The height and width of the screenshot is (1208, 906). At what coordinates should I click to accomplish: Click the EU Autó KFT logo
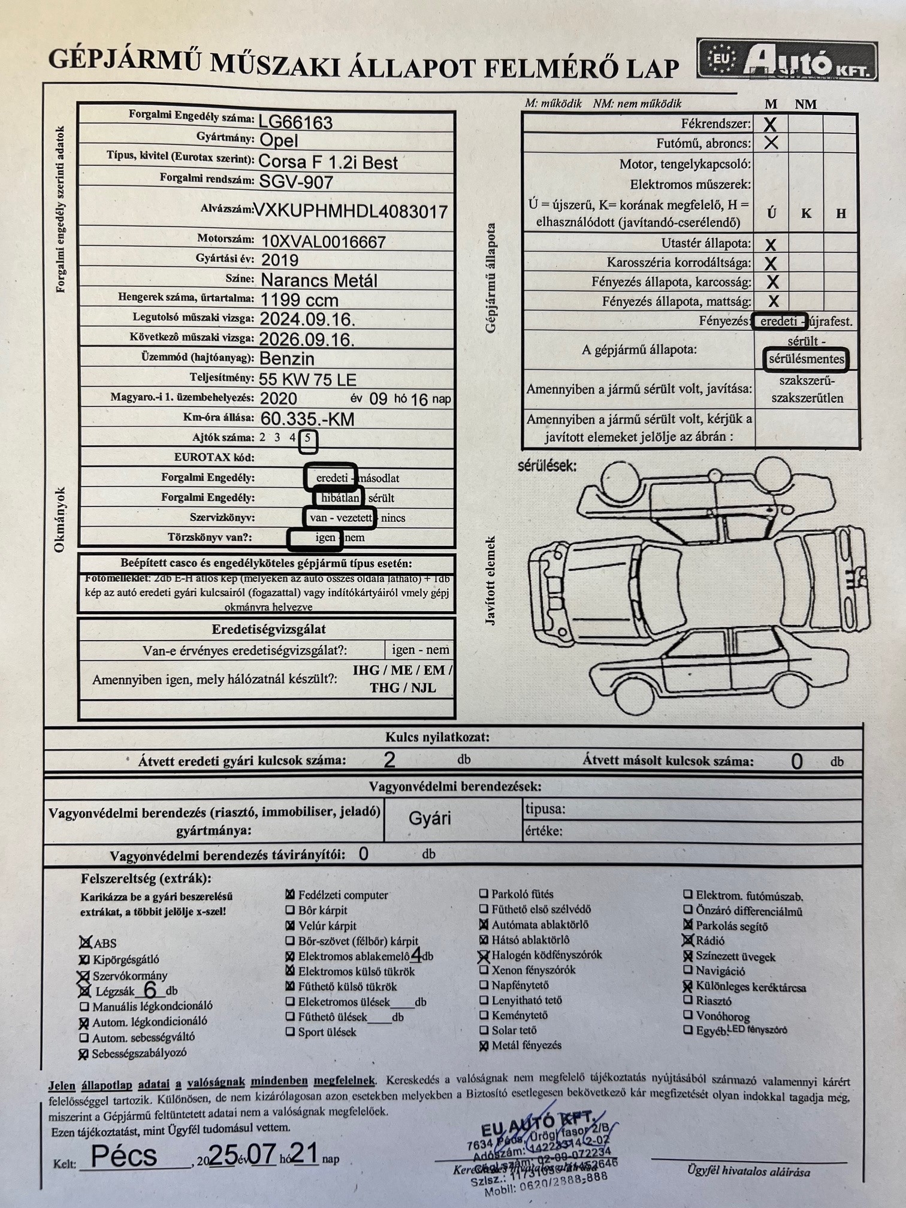click(x=787, y=61)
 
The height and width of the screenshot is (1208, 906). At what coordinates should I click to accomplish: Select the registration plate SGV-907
click(x=295, y=182)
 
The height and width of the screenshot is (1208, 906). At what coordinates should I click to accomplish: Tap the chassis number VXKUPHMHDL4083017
click(x=351, y=212)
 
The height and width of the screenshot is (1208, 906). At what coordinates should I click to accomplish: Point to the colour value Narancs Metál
click(x=319, y=280)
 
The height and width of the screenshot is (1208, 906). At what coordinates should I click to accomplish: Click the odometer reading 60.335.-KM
click(x=307, y=418)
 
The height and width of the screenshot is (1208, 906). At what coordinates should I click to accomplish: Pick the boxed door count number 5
click(x=307, y=439)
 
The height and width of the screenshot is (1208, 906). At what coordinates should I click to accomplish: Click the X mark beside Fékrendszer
click(x=771, y=125)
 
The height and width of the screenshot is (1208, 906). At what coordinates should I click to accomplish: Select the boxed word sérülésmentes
click(x=807, y=360)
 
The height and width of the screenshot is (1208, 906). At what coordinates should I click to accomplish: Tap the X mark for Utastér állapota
click(x=771, y=244)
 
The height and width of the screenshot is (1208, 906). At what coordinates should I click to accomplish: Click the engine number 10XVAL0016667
click(x=323, y=241)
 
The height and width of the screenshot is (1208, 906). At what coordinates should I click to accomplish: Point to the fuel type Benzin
click(x=286, y=358)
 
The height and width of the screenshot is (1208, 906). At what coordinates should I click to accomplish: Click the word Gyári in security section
click(x=430, y=819)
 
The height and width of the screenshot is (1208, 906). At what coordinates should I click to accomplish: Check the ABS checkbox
click(x=86, y=943)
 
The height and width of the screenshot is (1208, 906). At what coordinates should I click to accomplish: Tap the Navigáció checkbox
click(x=688, y=970)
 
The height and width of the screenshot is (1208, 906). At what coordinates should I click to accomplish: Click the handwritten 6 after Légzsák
click(x=150, y=990)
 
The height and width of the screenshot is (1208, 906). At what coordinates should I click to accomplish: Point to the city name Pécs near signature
click(x=125, y=1156)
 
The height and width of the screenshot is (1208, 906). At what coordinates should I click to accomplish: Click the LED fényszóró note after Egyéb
click(x=757, y=1029)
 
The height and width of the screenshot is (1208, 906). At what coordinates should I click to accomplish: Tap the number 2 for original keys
click(x=389, y=760)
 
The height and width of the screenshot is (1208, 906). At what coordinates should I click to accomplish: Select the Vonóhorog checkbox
click(x=688, y=1015)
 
